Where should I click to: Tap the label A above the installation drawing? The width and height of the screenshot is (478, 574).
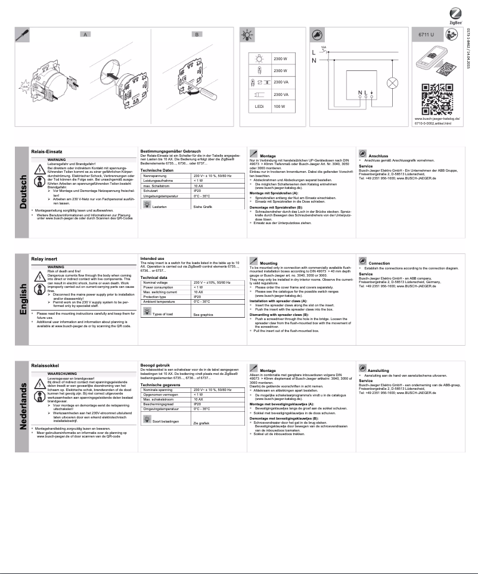point(86,35)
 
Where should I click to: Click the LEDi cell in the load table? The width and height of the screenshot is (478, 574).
point(259,123)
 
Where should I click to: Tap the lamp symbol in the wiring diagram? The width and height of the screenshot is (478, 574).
point(392,82)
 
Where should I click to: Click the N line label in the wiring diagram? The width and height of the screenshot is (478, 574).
point(314,61)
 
